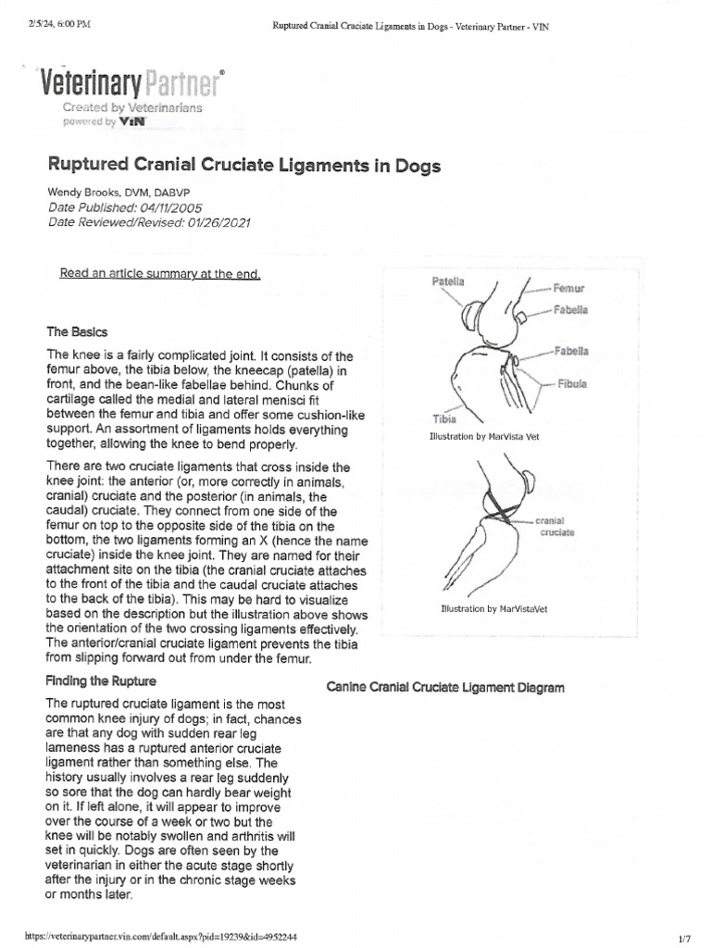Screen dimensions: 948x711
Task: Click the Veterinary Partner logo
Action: point(130,86)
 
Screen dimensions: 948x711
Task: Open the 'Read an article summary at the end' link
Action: point(160,273)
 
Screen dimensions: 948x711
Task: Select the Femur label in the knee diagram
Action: point(568,288)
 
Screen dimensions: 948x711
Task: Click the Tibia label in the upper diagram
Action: point(445,418)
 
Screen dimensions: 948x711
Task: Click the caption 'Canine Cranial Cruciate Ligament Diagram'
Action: point(446,688)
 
